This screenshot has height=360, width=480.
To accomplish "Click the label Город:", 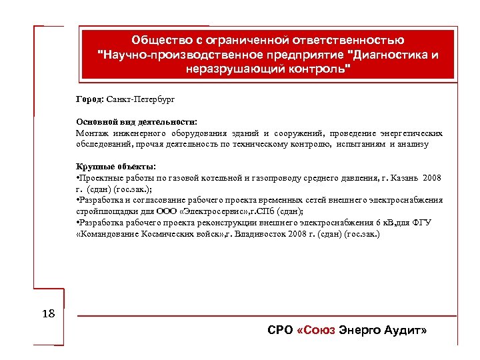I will point(90,99).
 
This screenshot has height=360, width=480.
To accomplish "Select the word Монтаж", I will point(93,133).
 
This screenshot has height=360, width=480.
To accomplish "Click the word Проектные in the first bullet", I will point(102,178).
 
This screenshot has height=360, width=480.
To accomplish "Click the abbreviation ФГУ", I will point(421,223).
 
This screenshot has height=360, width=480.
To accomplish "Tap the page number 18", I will point(49,313).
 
